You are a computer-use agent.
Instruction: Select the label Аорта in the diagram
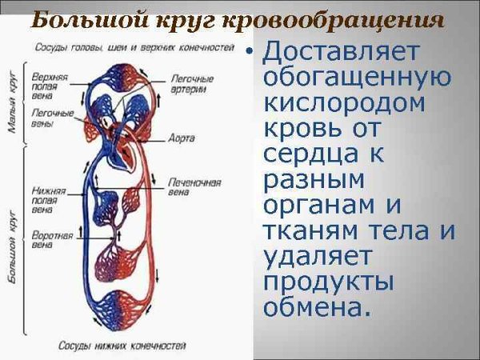point(182,138)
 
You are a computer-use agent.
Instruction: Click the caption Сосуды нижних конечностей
point(122,346)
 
